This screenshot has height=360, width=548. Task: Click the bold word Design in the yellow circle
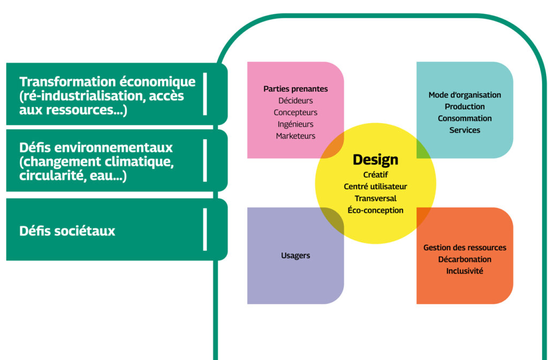[x=375, y=159]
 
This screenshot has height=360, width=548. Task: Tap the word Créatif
[x=375, y=174]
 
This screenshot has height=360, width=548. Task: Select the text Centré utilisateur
[x=375, y=186]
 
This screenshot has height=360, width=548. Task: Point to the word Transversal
[x=375, y=198]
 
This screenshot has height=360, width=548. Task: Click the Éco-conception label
[x=375, y=210]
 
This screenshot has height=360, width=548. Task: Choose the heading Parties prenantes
[x=295, y=89]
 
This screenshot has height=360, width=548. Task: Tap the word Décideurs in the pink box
[x=295, y=101]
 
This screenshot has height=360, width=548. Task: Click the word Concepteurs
[x=295, y=112]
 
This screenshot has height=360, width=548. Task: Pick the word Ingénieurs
[x=295, y=124]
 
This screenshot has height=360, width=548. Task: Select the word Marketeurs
[x=295, y=136]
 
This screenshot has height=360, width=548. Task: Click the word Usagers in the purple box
[x=295, y=256]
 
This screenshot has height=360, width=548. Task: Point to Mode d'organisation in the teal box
[x=465, y=95]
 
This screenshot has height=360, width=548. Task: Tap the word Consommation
[x=465, y=118]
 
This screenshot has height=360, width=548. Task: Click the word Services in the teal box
[x=465, y=130]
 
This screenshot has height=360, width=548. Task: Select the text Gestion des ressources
[x=465, y=248]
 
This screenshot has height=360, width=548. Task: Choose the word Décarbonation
[x=465, y=259]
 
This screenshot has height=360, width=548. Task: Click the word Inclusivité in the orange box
[x=465, y=271]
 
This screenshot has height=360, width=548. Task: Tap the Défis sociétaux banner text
[x=67, y=231]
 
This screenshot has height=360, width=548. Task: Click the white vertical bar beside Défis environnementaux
[x=205, y=160]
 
